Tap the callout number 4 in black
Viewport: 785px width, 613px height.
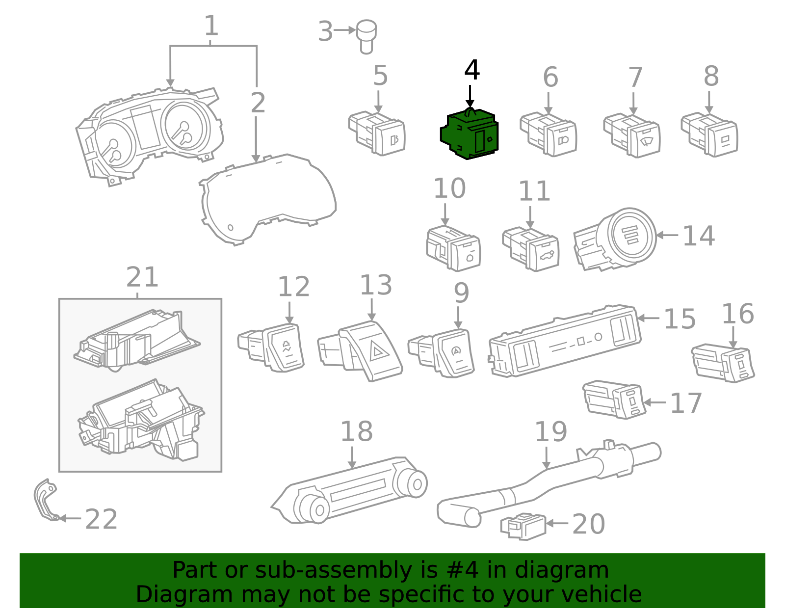coord(471,71)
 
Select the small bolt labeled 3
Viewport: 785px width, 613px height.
coord(366,35)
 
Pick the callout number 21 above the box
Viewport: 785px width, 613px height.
coord(142,278)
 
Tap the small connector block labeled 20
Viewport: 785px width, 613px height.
coord(523,527)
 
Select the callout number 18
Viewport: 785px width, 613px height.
coord(356,432)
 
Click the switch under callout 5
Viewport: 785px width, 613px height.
coord(378,133)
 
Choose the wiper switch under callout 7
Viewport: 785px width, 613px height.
coord(633,135)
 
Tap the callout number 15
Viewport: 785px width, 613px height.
coord(680,320)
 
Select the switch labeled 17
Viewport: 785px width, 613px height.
coord(614,399)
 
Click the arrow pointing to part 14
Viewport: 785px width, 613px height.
coord(667,236)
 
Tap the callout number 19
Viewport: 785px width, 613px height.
coord(550,432)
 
